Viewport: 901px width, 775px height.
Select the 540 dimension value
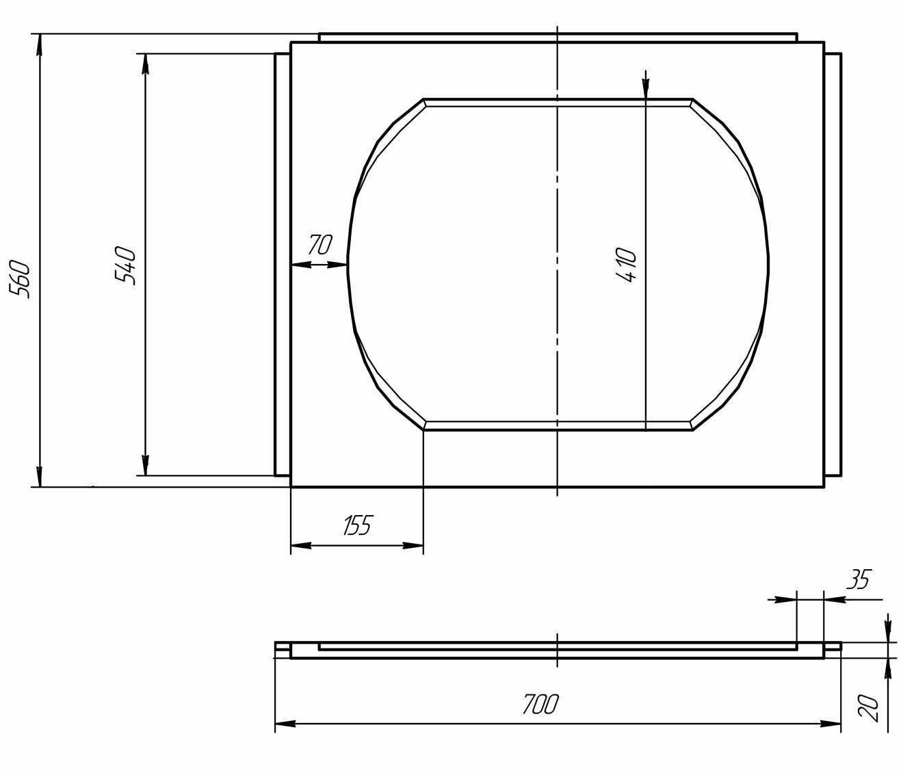(127, 265)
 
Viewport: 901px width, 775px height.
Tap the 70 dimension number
(319, 244)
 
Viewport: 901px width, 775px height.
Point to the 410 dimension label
(626, 265)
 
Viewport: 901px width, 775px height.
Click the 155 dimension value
(356, 526)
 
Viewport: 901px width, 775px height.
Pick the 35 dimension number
(857, 580)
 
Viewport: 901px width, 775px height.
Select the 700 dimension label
(540, 704)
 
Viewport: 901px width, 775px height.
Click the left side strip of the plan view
(283, 264)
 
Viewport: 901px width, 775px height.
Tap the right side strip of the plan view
(833, 264)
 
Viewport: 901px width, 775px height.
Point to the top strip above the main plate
(558, 37)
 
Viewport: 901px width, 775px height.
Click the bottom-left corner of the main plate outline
(291, 486)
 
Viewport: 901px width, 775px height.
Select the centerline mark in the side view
(558, 650)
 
